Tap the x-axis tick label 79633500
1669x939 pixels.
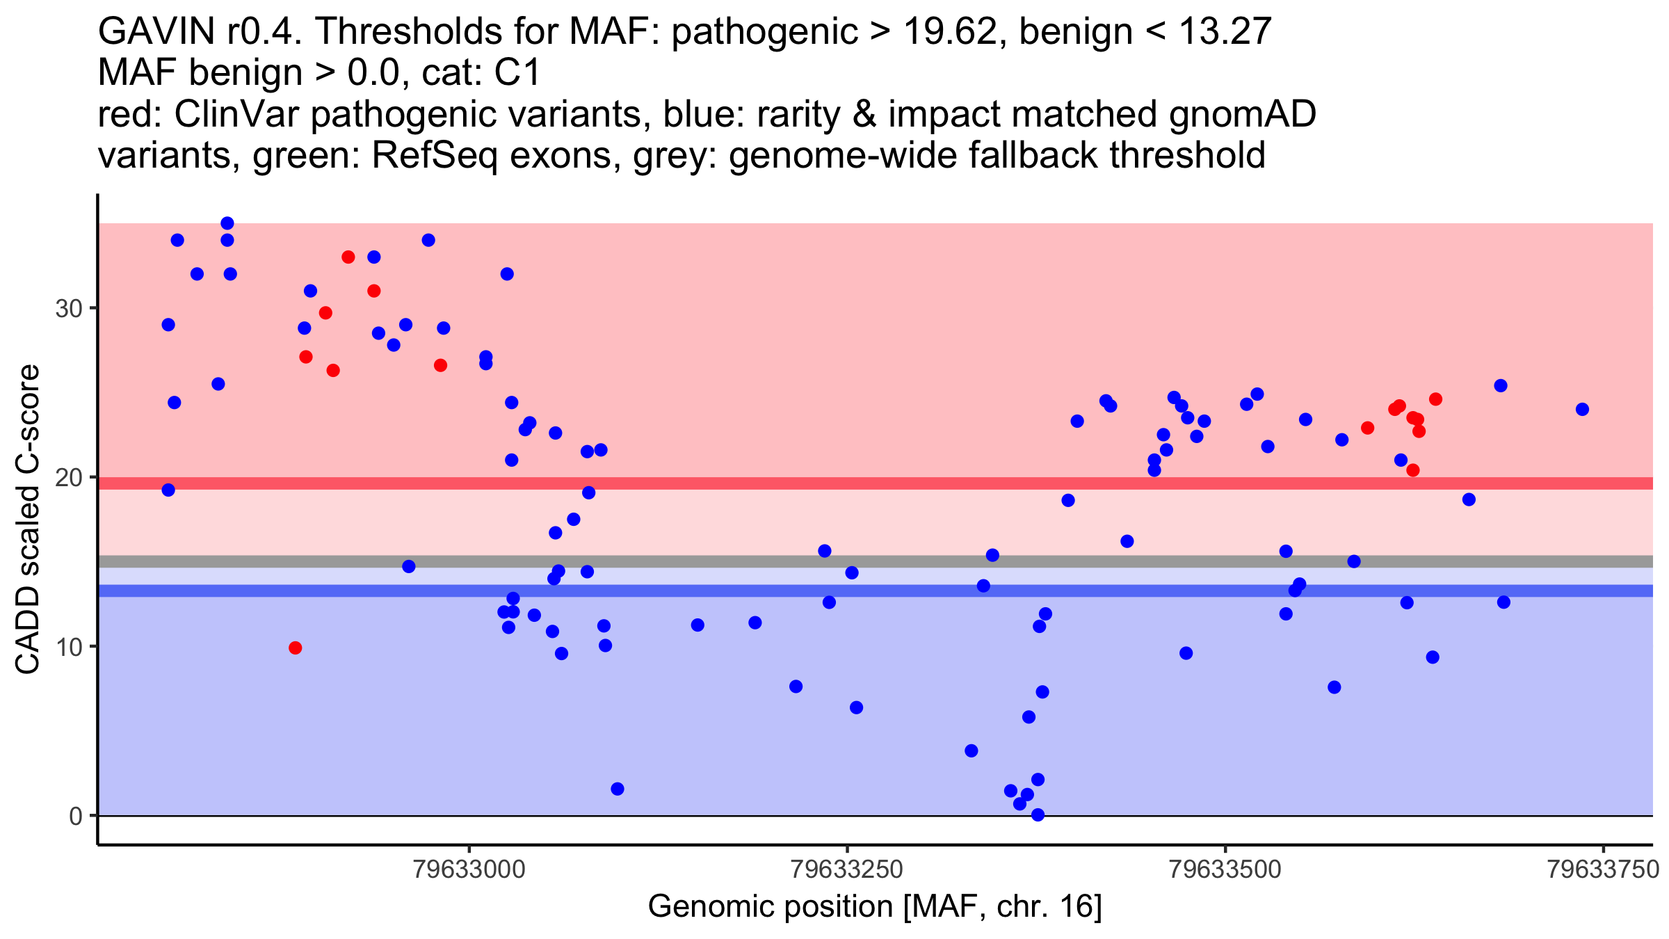1225,870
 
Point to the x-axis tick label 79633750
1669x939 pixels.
1603,870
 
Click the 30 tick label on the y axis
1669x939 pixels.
69,309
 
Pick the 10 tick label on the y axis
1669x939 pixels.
69,647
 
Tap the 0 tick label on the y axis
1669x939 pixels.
76,816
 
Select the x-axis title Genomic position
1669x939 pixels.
875,907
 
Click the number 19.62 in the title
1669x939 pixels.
950,31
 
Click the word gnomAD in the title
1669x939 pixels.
1242,114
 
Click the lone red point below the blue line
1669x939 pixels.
296,648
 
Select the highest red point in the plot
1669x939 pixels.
348,257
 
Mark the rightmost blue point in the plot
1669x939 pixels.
1582,409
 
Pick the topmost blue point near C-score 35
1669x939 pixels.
227,223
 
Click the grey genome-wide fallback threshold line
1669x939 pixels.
875,561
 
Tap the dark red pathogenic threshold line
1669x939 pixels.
875,483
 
